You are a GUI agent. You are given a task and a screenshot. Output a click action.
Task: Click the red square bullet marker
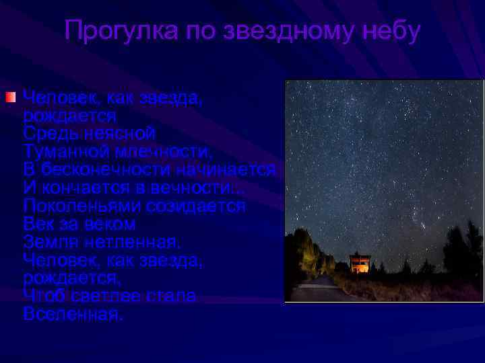[9, 98]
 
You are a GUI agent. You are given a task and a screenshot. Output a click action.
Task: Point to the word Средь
[49, 133]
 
